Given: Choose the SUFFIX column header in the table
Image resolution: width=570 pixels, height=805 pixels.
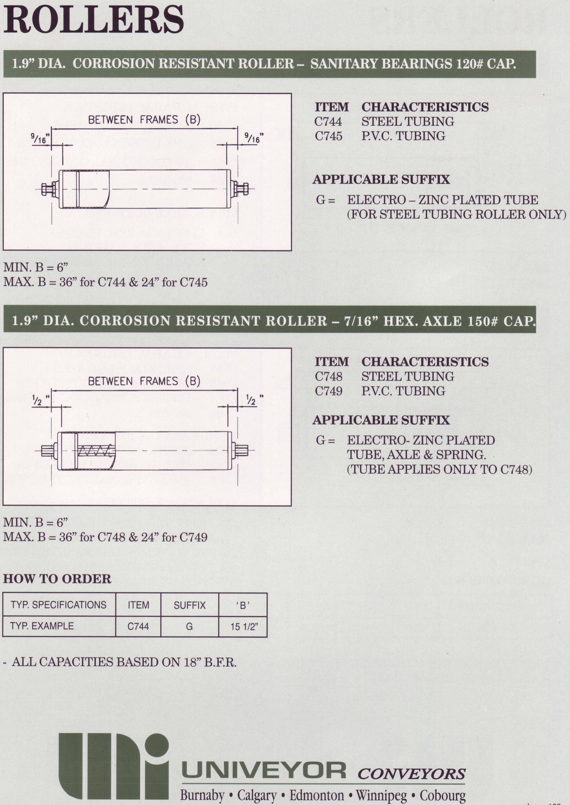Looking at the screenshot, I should [x=190, y=605].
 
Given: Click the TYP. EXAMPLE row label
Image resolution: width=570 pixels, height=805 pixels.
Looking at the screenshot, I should [x=42, y=626].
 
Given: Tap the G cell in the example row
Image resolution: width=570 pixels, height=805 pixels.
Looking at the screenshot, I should [x=189, y=626].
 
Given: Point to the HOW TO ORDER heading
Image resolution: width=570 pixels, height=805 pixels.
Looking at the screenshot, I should [x=57, y=579].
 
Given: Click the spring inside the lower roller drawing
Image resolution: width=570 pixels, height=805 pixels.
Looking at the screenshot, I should [x=95, y=451].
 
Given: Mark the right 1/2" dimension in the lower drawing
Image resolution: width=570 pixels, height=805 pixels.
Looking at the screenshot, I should [x=252, y=400].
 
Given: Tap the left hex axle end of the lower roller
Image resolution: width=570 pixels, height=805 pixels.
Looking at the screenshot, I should [x=47, y=451].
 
